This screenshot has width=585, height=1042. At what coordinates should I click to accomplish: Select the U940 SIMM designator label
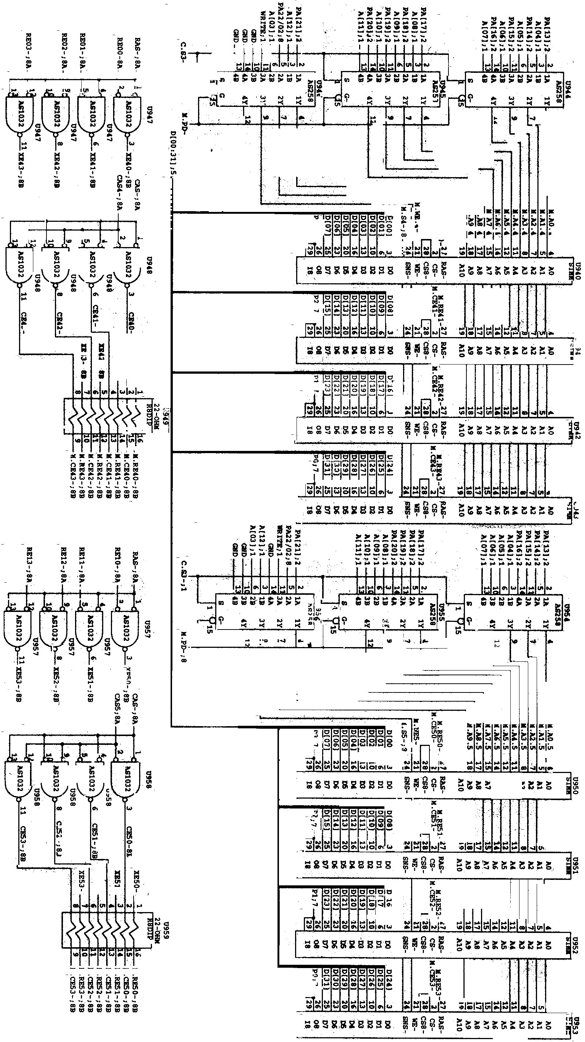[578, 270]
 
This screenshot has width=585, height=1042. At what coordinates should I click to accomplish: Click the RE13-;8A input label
[28, 566]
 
